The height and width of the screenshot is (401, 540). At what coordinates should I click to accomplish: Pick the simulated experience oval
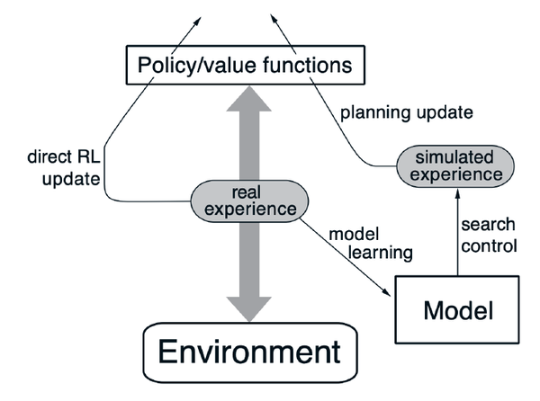pos(450,163)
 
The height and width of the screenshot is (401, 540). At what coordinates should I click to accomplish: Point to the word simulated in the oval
pos(450,155)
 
